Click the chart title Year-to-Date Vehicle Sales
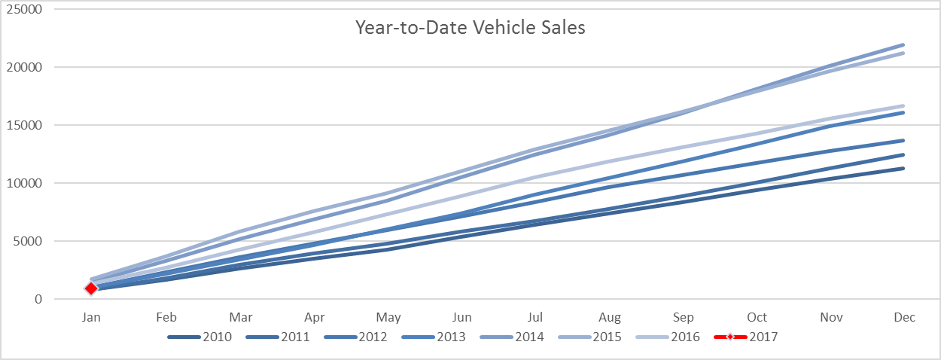[470, 28]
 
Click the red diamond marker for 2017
[91, 288]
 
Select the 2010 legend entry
[199, 337]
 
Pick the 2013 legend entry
[434, 337]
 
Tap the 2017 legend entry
[746, 337]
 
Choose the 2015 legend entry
[589, 337]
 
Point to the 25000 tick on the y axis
[24, 9]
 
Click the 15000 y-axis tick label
[24, 125]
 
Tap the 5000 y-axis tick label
[27, 241]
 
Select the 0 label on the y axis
[38, 299]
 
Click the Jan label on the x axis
[91, 317]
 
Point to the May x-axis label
[388, 317]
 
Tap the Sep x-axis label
[684, 317]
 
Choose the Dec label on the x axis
[904, 317]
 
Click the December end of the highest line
[903, 45]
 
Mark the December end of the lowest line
[903, 169]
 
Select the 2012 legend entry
[356, 337]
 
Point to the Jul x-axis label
[535, 317]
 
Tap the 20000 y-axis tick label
[24, 67]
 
